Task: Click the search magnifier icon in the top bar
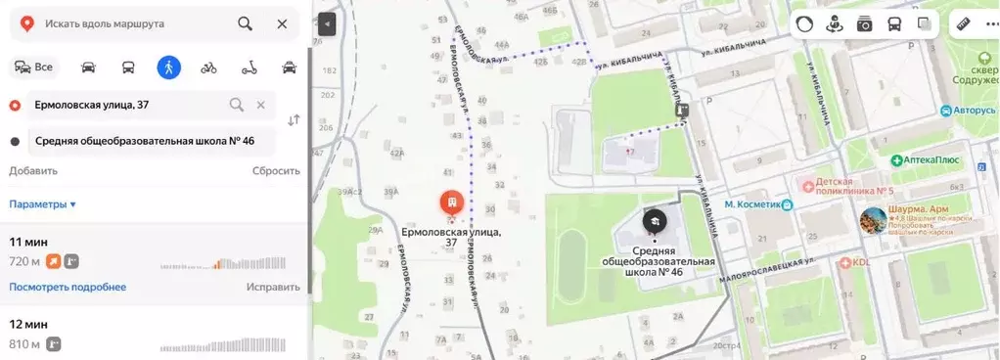pyautogui.click(x=245, y=22)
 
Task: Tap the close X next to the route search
pyautogui.click(x=282, y=22)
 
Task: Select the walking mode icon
pyautogui.click(x=168, y=67)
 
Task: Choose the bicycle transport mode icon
pyautogui.click(x=208, y=67)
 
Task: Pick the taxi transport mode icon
pyautogui.click(x=289, y=67)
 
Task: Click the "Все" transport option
pyautogui.click(x=32, y=67)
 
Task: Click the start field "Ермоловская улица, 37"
pyautogui.click(x=127, y=105)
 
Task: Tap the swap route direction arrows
pyautogui.click(x=294, y=120)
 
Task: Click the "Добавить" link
pyautogui.click(x=33, y=170)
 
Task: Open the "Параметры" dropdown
pyautogui.click(x=43, y=204)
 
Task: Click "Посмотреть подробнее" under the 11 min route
pyautogui.click(x=68, y=287)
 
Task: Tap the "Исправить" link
pyautogui.click(x=273, y=287)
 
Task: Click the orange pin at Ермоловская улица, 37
pyautogui.click(x=451, y=203)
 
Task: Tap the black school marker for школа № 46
pyautogui.click(x=654, y=221)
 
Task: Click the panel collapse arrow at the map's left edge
pyautogui.click(x=327, y=24)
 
